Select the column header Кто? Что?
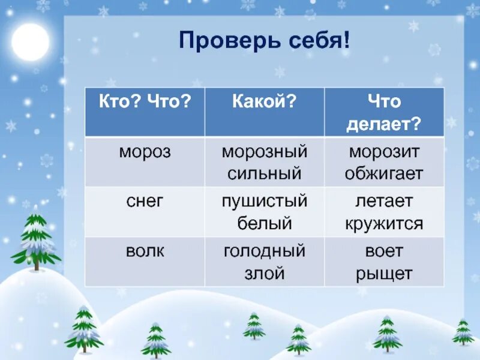145,101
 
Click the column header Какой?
265,101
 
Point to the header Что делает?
384,112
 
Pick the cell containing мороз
145,152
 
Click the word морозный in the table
265,152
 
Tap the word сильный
265,174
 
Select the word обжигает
384,174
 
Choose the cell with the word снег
145,202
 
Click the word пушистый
265,202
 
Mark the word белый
265,224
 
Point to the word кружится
384,224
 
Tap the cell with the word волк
145,251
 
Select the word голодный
265,251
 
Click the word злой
265,274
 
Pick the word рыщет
384,274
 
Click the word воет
384,251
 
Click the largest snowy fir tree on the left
35,240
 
